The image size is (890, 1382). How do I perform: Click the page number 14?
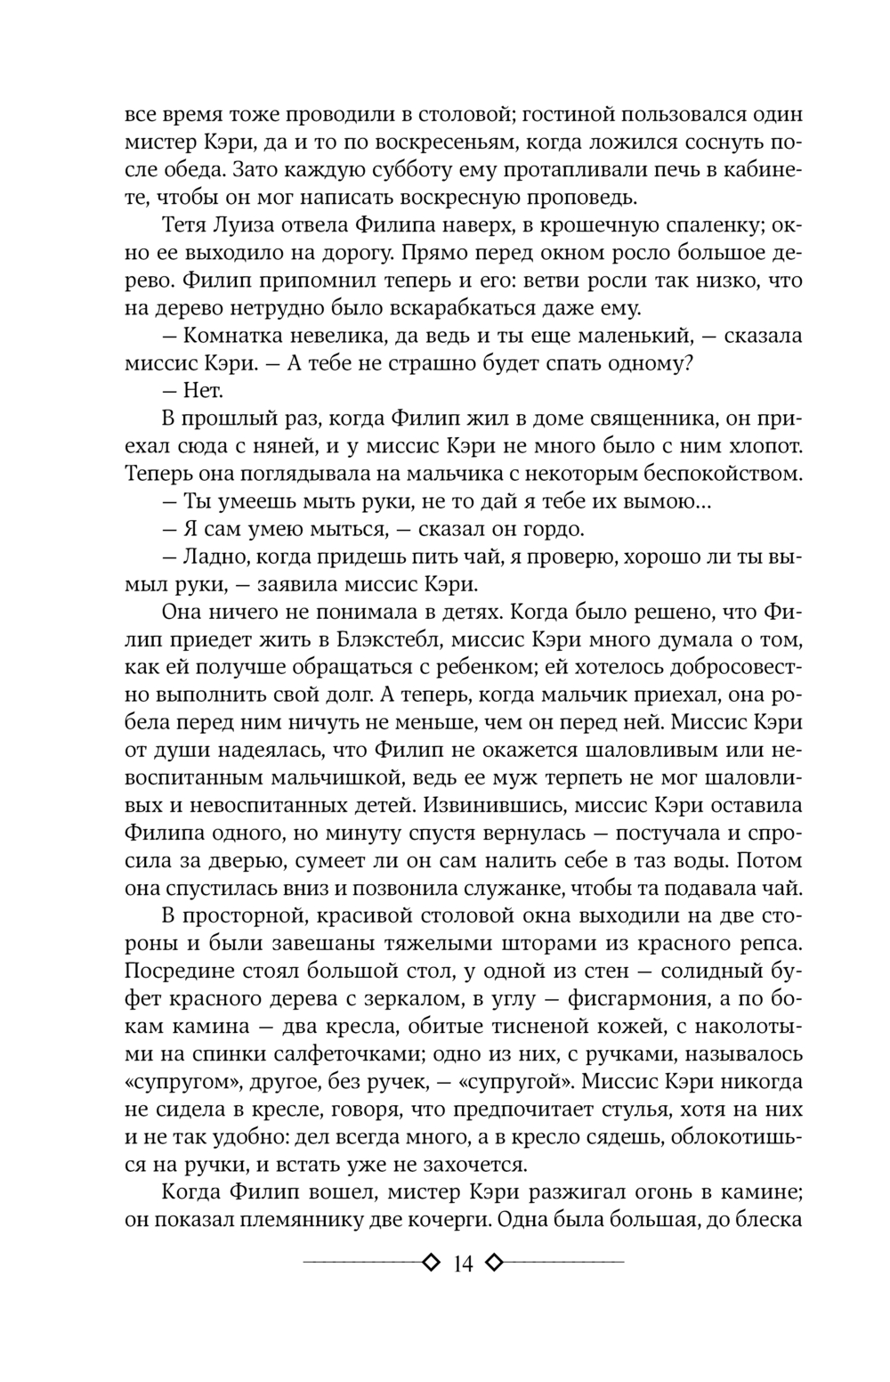tap(462, 1263)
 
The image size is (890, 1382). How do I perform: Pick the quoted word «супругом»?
tap(179, 1082)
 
